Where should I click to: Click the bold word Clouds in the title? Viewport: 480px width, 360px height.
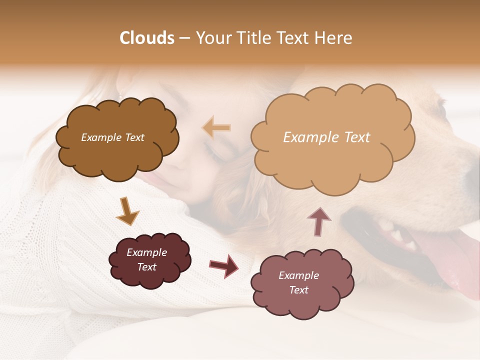(147, 38)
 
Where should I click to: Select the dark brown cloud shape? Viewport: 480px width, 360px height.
(116, 137)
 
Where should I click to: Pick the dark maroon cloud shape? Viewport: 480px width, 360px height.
(149, 260)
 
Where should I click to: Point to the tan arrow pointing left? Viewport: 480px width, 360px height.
(216, 127)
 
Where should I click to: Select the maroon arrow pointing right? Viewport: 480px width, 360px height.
(223, 265)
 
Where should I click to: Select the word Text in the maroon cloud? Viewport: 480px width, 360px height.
(147, 267)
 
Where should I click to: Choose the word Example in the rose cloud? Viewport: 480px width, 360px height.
(298, 275)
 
